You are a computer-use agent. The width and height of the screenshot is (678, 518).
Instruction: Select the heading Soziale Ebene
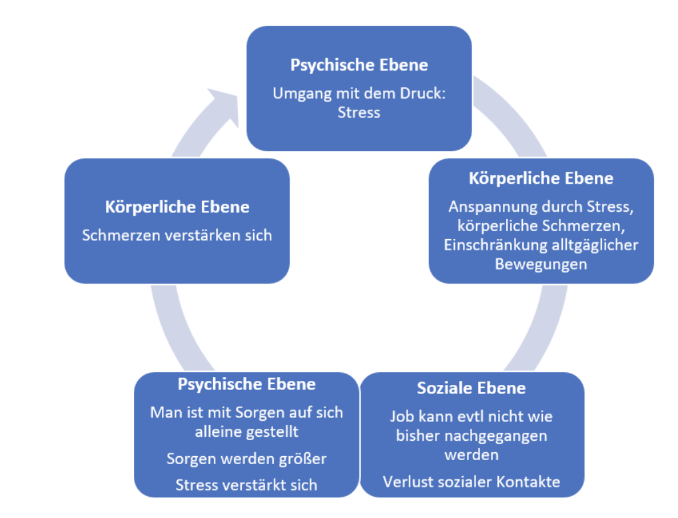[471, 388]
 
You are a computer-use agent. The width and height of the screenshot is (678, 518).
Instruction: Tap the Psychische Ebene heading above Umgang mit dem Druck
[359, 65]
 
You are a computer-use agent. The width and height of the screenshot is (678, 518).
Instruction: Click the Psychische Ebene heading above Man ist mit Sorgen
[246, 384]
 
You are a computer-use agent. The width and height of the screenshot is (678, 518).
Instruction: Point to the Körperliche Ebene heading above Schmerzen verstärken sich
[177, 207]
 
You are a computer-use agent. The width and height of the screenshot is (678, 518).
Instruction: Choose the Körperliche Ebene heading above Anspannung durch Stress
[541, 178]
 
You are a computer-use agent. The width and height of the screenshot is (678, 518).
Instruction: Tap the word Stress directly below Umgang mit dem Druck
[359, 112]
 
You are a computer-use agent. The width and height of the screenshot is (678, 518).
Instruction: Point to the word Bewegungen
[541, 264]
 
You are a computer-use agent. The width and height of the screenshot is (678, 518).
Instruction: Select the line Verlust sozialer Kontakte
[472, 481]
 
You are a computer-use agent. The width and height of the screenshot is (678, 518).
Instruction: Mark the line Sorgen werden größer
[246, 459]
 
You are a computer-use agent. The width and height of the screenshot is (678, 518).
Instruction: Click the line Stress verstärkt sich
[246, 485]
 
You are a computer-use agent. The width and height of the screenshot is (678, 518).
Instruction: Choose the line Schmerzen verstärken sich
[177, 236]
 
